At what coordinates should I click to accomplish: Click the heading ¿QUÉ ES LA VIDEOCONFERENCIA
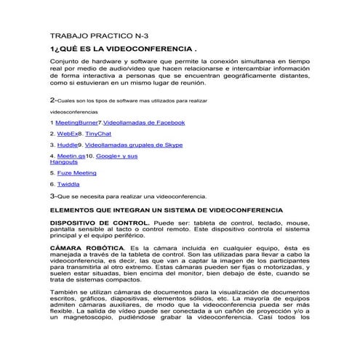[x=124, y=49]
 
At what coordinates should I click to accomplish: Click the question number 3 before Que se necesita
[x=52, y=196]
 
